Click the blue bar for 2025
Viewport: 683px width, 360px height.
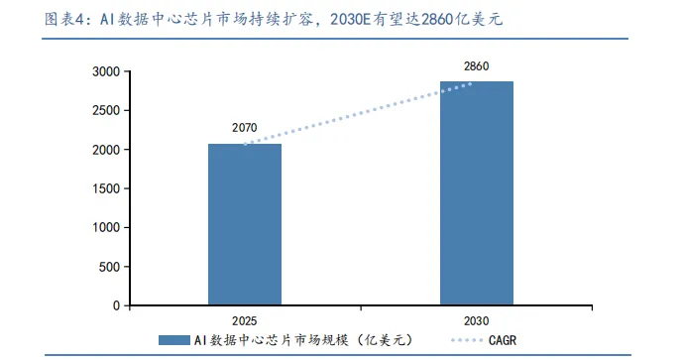tap(245, 224)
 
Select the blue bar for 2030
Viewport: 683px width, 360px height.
tap(477, 193)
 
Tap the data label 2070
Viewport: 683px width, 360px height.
tap(245, 128)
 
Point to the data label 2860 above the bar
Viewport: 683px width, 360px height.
tap(476, 66)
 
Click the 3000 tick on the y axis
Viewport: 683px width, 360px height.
tap(106, 71)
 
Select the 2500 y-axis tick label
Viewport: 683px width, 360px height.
tap(106, 111)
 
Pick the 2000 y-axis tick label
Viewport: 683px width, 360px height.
tap(106, 150)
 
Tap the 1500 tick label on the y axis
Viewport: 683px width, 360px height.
tap(106, 188)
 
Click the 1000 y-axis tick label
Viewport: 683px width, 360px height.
tap(106, 227)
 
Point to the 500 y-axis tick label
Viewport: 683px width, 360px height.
tap(109, 267)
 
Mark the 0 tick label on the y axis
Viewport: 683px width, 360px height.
tap(116, 305)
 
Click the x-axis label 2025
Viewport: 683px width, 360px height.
tap(245, 321)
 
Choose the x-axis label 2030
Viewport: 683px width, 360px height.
tap(476, 321)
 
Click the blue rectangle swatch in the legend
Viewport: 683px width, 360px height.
tap(174, 340)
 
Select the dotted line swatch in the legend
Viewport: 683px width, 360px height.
tap(467, 340)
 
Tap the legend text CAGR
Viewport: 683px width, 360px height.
tap(503, 340)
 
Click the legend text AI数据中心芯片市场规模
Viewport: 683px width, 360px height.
tap(271, 340)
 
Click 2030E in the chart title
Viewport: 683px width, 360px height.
tap(350, 19)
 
